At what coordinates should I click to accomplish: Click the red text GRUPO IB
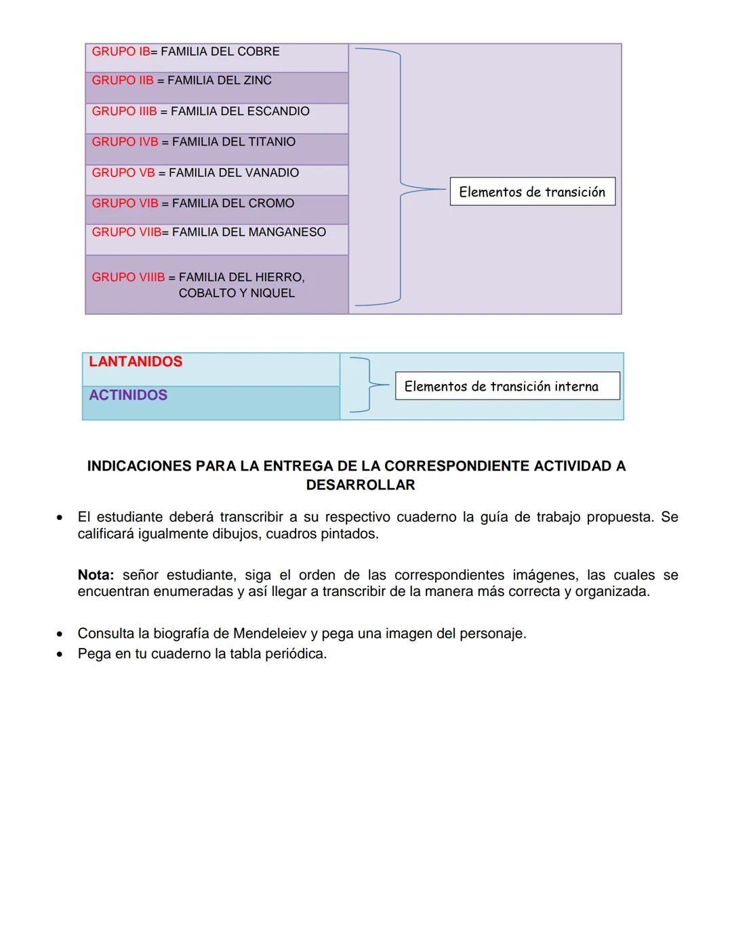click(121, 51)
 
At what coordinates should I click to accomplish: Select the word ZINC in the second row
click(257, 81)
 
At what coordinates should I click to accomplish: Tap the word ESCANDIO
click(277, 111)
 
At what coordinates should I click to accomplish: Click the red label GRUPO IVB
click(125, 142)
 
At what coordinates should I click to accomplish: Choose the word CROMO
click(270, 203)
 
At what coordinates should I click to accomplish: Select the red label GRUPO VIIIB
click(128, 277)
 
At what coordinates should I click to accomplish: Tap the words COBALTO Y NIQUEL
click(237, 293)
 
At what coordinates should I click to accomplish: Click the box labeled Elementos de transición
click(532, 192)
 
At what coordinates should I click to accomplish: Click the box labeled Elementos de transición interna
click(507, 386)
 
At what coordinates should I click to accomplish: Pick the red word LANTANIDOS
click(136, 362)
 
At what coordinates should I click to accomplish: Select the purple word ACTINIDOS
click(128, 395)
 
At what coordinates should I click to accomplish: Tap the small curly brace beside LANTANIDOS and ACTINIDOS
click(368, 385)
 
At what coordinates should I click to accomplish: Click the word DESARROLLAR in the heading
click(360, 485)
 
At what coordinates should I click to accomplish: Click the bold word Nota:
click(96, 575)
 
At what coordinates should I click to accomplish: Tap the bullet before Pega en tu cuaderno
click(60, 655)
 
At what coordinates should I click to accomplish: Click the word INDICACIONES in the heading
click(139, 466)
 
